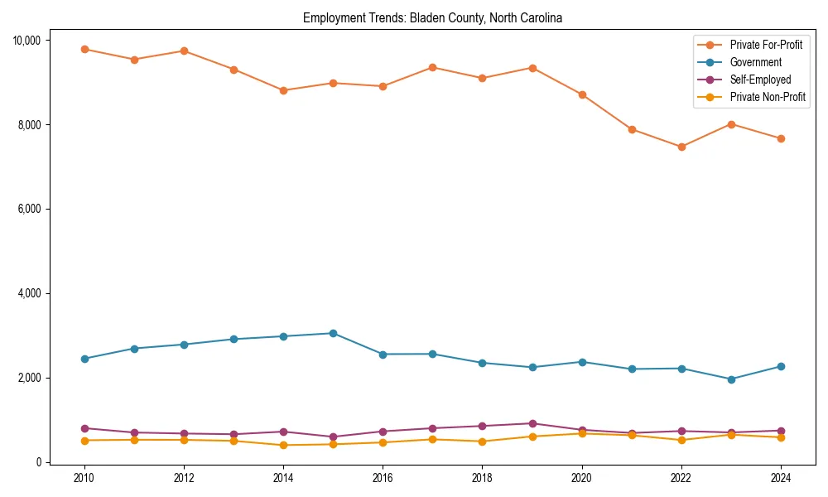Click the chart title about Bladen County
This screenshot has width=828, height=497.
pos(432,18)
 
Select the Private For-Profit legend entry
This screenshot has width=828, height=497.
pos(766,45)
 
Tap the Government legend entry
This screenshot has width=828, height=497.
pos(755,62)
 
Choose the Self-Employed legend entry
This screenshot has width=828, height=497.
pos(760,80)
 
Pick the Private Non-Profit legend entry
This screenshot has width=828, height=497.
pos(768,97)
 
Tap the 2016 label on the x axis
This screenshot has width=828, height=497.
pos(383,478)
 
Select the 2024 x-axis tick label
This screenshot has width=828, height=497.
pos(781,478)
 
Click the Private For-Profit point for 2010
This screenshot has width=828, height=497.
pos(84,49)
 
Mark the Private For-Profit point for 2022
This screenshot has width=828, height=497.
pos(681,147)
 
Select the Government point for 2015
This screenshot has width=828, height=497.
pos(333,333)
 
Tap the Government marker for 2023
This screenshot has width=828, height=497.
pos(731,379)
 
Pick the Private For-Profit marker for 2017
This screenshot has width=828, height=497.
pos(432,67)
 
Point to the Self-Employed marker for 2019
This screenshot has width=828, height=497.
pos(532,423)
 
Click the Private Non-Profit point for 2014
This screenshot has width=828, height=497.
pos(283,445)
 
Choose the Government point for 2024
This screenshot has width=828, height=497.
pos(781,366)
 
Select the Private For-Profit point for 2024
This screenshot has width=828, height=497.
pos(781,138)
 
